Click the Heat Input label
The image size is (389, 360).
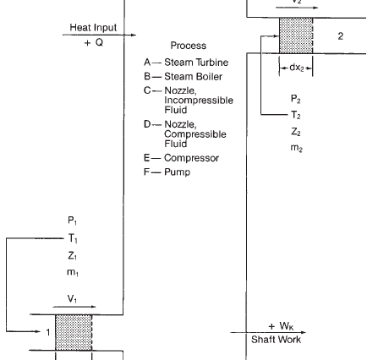pyautogui.click(x=93, y=28)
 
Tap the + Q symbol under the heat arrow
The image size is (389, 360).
pyautogui.click(x=94, y=42)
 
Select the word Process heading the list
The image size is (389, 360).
pyautogui.click(x=189, y=46)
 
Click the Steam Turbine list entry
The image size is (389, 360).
pyautogui.click(x=196, y=63)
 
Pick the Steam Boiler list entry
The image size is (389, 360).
pyautogui.click(x=193, y=77)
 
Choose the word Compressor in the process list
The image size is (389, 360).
pyautogui.click(x=191, y=158)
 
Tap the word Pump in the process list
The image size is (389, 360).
pyautogui.click(x=178, y=172)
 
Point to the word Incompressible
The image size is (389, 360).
pyautogui.click(x=199, y=101)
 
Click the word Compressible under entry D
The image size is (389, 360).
pyautogui.click(x=195, y=134)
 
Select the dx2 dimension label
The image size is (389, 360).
pyautogui.click(x=297, y=68)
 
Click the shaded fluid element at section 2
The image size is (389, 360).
pyautogui.click(x=296, y=35)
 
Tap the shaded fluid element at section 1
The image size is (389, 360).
pyautogui.click(x=74, y=332)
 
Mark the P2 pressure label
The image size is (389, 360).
pyautogui.click(x=296, y=99)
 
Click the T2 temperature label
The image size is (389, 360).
pyautogui.click(x=296, y=115)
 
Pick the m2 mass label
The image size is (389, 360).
pyautogui.click(x=297, y=148)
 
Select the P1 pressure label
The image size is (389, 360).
pyautogui.click(x=72, y=221)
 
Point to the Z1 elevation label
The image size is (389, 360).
pyautogui.click(x=72, y=256)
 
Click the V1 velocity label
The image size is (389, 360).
pyautogui.click(x=72, y=298)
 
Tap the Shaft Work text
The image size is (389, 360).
pyautogui.click(x=276, y=340)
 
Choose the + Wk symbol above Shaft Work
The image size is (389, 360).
pyautogui.click(x=281, y=326)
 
